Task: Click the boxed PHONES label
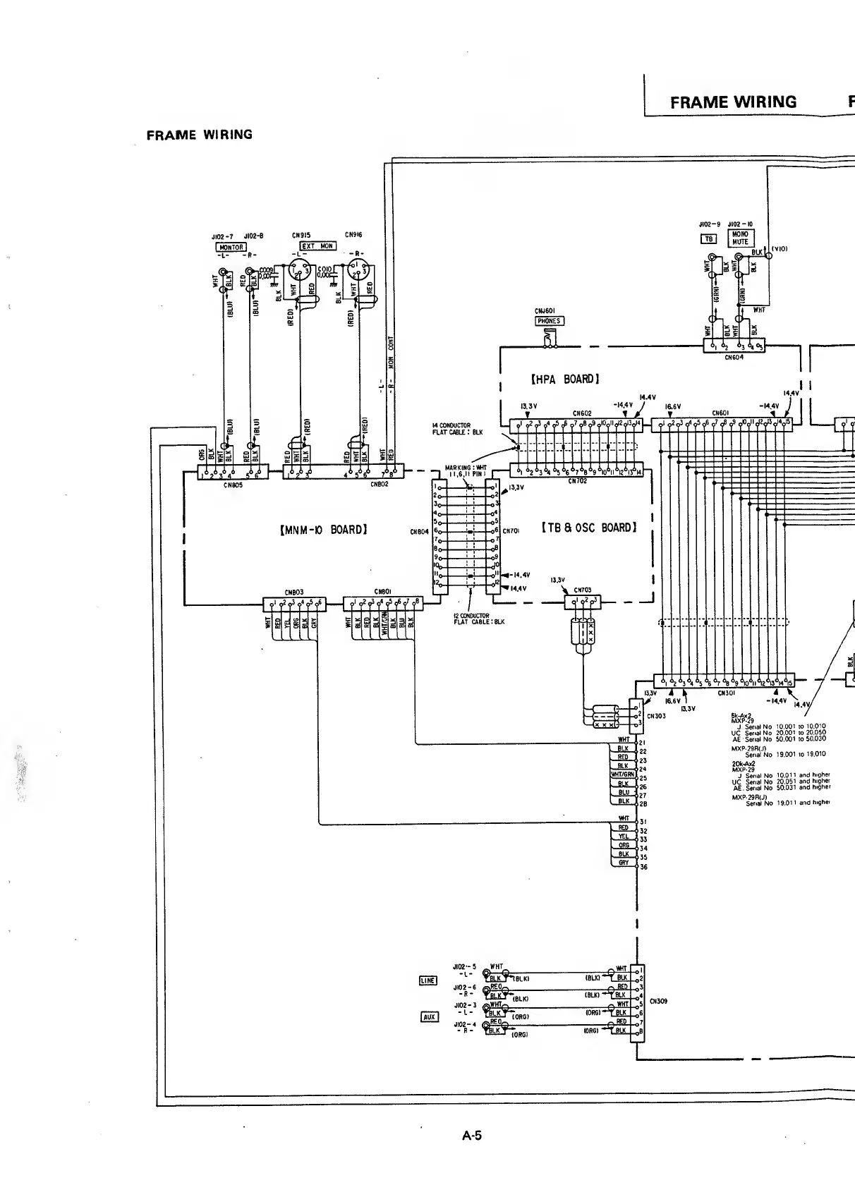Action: tap(549, 321)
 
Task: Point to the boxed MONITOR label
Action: tap(231, 248)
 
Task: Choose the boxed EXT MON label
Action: tap(318, 246)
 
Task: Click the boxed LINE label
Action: tap(428, 980)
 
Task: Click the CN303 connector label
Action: tap(656, 716)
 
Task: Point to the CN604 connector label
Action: tap(734, 357)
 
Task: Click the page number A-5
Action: tap(472, 1136)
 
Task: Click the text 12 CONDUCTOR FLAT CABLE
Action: tap(479, 619)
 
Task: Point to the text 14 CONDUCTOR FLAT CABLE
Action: tap(457, 429)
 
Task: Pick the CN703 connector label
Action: tap(583, 590)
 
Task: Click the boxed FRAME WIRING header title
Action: tap(733, 102)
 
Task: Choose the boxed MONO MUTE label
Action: tap(740, 238)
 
